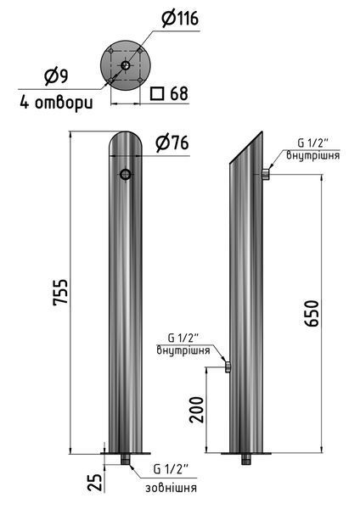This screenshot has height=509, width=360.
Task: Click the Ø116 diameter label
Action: tap(180, 18)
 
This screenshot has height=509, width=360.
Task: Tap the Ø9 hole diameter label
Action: tap(57, 76)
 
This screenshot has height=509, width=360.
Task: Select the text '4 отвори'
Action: tap(56, 102)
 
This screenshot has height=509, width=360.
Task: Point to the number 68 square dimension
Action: tap(179, 93)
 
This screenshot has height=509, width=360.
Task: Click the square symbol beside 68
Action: tap(156, 93)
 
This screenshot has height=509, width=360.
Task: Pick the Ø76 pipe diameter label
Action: tap(172, 143)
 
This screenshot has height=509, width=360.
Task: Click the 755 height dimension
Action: tap(61, 292)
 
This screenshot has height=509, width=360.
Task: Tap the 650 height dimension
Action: tap(312, 313)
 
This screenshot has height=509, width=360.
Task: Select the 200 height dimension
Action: tap(197, 410)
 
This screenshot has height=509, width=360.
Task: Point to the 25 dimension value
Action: tap(95, 483)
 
